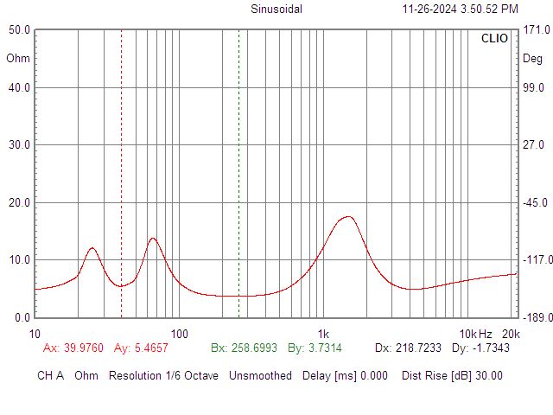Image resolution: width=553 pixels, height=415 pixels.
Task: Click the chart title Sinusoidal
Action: [x=276, y=9]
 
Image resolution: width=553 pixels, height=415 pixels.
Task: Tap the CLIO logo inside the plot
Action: [x=494, y=38]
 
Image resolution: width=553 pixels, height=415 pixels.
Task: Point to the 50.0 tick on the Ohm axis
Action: [x=19, y=29]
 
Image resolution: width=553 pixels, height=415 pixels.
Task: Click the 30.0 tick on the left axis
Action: [x=19, y=144]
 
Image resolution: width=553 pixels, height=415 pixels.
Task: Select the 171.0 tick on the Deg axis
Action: [x=537, y=29]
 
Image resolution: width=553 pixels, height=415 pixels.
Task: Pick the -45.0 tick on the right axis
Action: [x=536, y=202]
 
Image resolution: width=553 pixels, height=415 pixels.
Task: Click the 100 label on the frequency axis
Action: [x=179, y=334]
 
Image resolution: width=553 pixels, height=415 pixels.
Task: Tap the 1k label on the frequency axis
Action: [x=323, y=334]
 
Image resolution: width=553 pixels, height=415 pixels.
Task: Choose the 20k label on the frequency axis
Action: [x=511, y=334]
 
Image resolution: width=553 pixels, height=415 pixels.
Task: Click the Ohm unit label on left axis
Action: [x=18, y=58]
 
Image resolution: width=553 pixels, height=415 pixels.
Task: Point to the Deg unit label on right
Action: [x=532, y=59]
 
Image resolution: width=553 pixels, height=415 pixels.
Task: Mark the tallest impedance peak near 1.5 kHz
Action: [x=348, y=217]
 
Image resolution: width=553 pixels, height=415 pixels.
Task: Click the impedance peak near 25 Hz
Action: [x=92, y=248]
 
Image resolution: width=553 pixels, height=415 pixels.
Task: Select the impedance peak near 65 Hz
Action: [x=153, y=239]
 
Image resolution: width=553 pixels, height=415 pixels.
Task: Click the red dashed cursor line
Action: [x=121, y=174]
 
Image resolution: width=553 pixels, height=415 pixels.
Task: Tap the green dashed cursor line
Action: [x=238, y=174]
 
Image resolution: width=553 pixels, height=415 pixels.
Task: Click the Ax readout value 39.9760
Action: [x=84, y=348]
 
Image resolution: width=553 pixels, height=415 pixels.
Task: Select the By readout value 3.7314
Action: [x=325, y=348]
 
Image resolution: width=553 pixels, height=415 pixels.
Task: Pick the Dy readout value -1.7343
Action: [x=491, y=348]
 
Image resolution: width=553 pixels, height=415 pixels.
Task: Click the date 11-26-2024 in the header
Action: [x=429, y=9]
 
